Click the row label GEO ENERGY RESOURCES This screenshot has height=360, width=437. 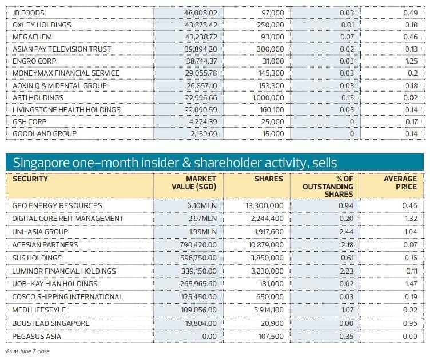pos(57,205)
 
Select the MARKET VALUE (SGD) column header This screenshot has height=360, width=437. pos(194,183)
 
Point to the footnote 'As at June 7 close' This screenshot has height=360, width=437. pos(27,351)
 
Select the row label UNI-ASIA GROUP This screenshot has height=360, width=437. pos(40,232)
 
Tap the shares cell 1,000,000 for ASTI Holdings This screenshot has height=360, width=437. pos(268,98)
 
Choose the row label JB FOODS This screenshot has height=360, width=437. pos(28,13)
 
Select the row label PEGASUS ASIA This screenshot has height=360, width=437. pos(37,336)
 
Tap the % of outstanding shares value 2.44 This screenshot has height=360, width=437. pos(345,232)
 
